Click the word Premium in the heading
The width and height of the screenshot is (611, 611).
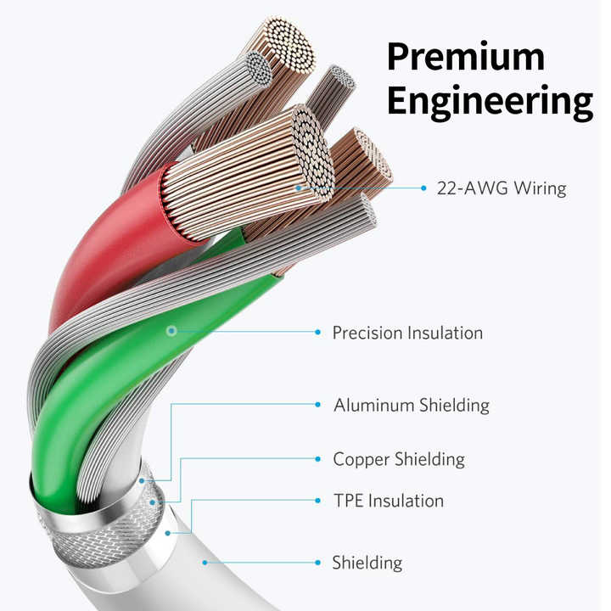465,57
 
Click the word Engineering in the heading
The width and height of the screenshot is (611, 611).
490,101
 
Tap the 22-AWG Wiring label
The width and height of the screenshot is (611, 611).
502,188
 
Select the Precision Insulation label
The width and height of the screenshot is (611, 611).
407,333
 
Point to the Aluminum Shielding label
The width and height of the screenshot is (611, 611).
412,406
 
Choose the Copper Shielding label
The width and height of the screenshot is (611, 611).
399,459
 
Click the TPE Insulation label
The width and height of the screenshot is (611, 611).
389,501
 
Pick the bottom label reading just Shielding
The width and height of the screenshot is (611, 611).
367,563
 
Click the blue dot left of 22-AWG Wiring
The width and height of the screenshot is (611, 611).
423,188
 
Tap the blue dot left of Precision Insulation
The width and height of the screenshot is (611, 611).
318,332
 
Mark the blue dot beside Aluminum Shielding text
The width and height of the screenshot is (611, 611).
318,405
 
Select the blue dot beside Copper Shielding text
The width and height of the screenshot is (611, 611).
318,459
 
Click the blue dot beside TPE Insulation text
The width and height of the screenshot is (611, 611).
318,501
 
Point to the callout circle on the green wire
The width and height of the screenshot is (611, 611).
171,331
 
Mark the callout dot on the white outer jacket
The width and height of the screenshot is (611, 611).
205,563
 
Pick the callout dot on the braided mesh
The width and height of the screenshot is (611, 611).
153,502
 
